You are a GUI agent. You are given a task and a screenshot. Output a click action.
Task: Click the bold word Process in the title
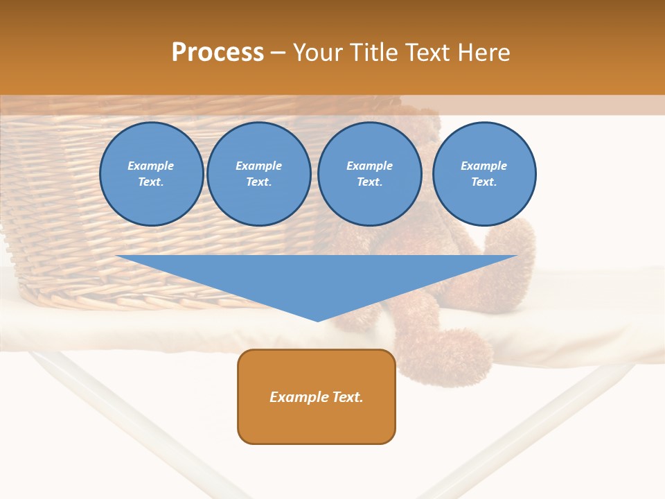(x=218, y=53)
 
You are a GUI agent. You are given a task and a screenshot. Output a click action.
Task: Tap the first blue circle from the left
(x=152, y=174)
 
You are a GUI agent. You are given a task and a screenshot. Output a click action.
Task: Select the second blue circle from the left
(x=259, y=174)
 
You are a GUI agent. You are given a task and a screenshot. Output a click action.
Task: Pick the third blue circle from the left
(x=370, y=174)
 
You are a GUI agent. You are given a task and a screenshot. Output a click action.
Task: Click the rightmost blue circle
(x=484, y=174)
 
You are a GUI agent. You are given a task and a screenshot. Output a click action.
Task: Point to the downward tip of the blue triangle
(x=317, y=321)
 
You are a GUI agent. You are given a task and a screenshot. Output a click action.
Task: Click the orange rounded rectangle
(x=317, y=416)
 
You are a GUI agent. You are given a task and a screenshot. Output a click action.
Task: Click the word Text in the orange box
(x=348, y=397)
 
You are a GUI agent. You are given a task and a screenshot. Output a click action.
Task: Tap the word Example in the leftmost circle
(x=151, y=166)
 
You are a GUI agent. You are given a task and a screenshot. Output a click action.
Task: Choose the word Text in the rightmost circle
(x=483, y=182)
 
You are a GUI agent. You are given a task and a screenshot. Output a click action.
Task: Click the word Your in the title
(x=317, y=53)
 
